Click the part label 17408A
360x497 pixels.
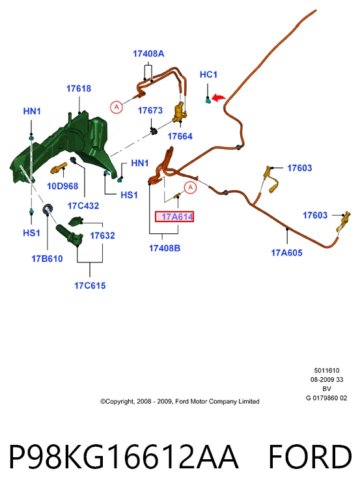[148, 53]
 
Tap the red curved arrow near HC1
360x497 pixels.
[218, 97]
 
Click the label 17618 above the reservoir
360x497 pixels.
[79, 89]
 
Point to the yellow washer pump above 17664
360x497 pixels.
[180, 113]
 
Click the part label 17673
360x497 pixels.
[150, 110]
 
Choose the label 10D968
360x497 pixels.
[62, 186]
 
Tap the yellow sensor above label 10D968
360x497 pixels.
[59, 168]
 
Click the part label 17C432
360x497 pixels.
[83, 206]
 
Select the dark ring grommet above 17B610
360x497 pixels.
[48, 209]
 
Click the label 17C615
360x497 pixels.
[90, 285]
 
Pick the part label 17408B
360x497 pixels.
[165, 248]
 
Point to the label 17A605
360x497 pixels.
[286, 253]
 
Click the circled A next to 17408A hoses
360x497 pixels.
[117, 107]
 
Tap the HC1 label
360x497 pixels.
[208, 74]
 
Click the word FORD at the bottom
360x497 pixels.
[311, 457]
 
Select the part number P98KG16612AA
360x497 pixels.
[124, 457]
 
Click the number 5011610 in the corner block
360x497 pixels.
[327, 370]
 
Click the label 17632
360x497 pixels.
[102, 236]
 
